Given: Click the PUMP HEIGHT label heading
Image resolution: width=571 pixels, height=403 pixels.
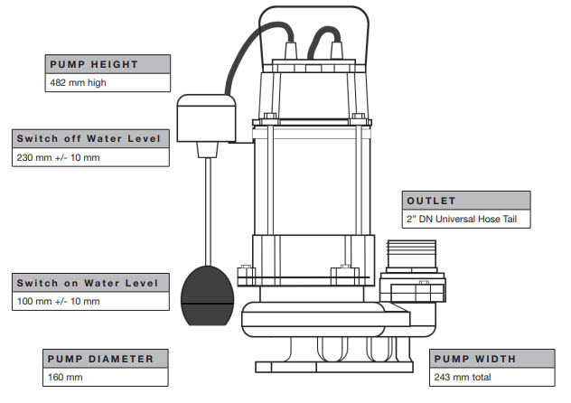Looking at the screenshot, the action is (94, 64).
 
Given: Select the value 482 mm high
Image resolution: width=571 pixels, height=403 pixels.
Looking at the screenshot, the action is (78, 82).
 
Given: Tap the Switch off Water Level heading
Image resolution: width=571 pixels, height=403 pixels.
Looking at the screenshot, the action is (89, 139).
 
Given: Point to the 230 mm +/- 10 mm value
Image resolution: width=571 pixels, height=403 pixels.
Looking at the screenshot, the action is (58, 157).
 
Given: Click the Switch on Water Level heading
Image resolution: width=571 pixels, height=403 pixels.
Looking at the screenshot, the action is (88, 283).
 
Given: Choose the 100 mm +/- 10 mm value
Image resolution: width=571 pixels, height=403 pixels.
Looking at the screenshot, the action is (58, 302).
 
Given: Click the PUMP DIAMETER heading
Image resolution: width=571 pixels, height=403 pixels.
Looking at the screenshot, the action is (100, 359).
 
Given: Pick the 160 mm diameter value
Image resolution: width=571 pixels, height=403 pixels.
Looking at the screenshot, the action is (65, 377).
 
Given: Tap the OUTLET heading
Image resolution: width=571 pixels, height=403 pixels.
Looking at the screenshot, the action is (431, 201).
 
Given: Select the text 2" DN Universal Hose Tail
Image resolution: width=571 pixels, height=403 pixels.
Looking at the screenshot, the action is (462, 220).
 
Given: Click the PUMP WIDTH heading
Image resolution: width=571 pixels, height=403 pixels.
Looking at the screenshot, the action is (475, 359).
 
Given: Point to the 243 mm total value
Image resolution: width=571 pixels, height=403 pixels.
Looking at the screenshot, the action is (463, 377).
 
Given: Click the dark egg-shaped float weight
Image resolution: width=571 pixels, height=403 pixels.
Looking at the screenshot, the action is (207, 295).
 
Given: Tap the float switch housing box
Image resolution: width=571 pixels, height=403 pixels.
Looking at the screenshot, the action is (206, 118).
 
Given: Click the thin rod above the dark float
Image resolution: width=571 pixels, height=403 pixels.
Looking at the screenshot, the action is (209, 211).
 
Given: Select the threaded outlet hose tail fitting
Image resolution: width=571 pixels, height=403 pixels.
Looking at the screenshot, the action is (411, 255).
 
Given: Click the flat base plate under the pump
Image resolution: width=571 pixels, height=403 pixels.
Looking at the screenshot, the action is (334, 367).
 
